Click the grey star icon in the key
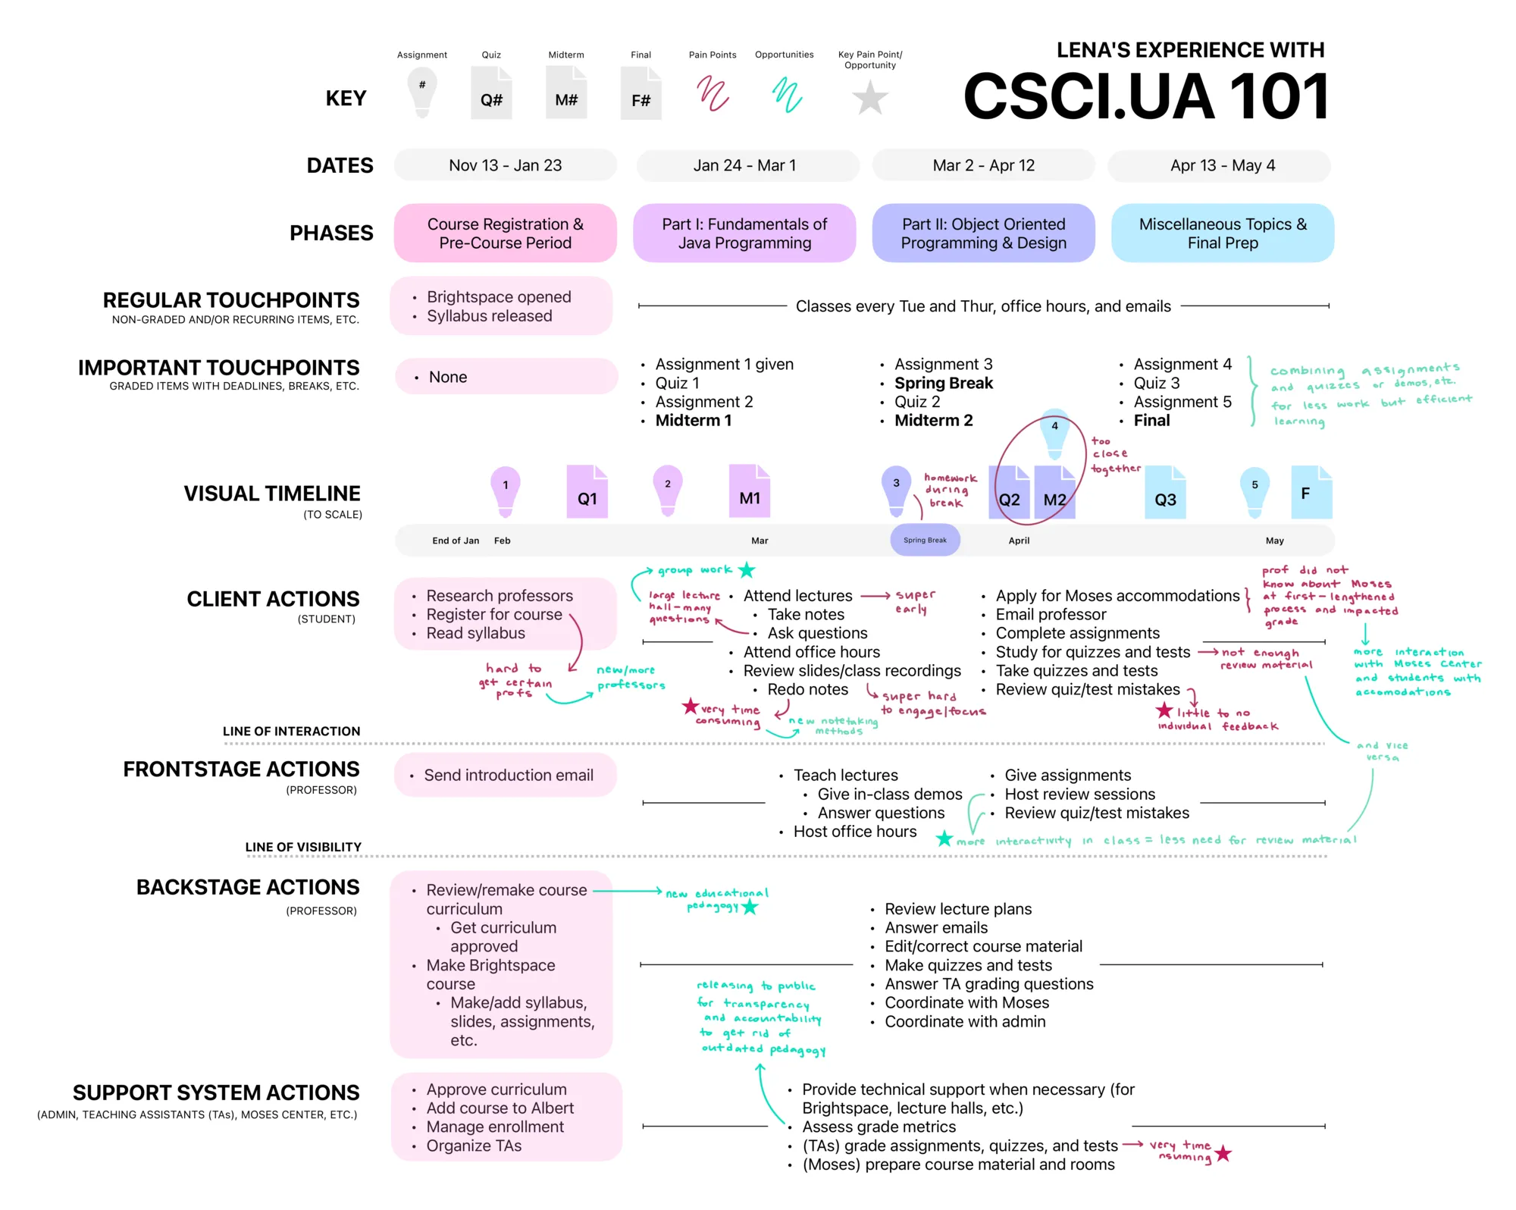point(870,98)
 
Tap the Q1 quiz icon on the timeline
point(587,492)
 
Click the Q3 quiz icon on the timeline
point(1165,493)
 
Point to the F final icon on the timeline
point(1311,493)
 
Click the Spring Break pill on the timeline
point(925,541)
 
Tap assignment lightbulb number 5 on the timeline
point(1254,490)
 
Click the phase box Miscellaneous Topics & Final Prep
point(1222,234)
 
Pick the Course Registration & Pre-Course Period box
point(505,234)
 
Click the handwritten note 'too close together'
point(1114,454)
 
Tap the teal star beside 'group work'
point(747,569)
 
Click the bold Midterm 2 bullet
point(933,421)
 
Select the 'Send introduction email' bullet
point(508,776)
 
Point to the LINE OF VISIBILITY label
point(303,847)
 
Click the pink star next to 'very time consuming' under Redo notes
point(690,707)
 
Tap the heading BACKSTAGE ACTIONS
point(248,887)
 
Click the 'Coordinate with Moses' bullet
point(966,1003)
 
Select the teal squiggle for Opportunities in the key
point(787,96)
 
